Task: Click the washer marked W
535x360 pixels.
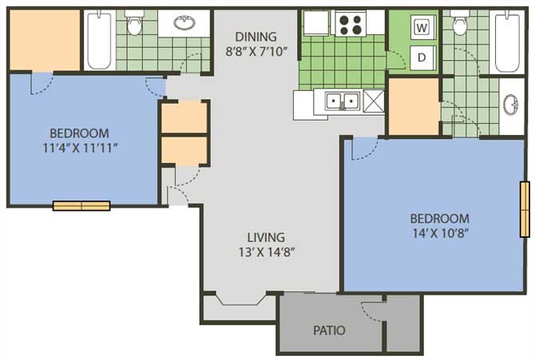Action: pos(422,27)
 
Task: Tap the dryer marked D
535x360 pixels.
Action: pos(422,57)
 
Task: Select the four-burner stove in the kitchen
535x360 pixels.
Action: pos(351,23)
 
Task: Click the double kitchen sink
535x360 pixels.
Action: pos(343,101)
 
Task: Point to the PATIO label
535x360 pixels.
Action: pos(329,330)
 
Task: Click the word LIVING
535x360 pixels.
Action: pos(266,237)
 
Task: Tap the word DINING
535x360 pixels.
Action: pos(256,37)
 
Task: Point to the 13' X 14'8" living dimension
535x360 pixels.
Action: pos(267,252)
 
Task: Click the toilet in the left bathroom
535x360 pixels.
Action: pos(134,23)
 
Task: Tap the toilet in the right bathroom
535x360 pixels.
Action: pos(460,23)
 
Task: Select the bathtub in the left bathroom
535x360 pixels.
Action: pos(99,40)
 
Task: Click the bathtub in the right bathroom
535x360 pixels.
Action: pos(507,42)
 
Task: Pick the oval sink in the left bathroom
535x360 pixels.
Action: pos(184,22)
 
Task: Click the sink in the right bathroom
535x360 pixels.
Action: pos(511,105)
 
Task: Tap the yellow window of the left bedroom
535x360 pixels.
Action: pos(81,206)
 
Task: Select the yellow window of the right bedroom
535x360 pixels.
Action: pos(525,209)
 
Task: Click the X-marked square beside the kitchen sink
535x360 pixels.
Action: pos(374,101)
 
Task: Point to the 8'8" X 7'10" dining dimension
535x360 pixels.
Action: pos(256,52)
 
